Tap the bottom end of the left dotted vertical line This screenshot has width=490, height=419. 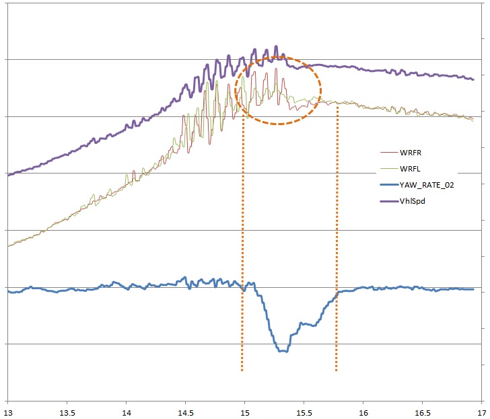point(242,371)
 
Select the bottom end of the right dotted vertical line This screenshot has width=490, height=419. point(336,371)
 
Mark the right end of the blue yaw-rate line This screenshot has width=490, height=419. point(474,289)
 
